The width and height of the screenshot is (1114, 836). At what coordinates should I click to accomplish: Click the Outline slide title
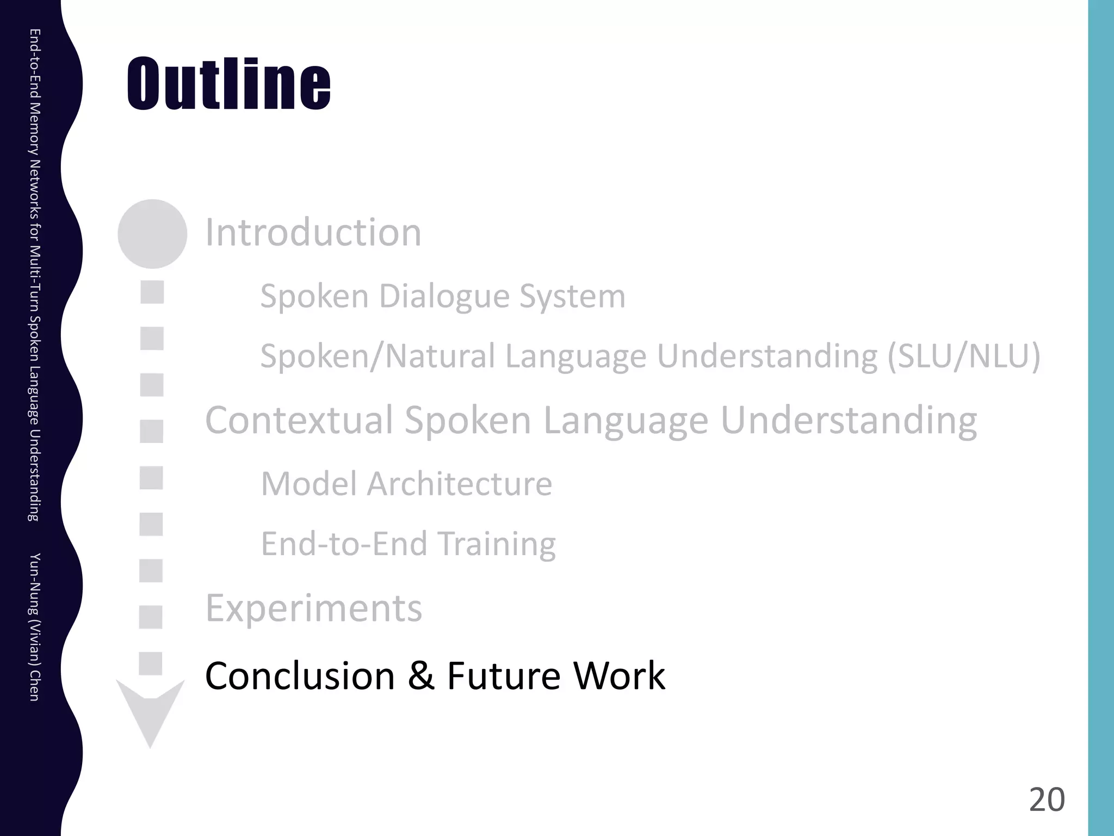pyautogui.click(x=228, y=84)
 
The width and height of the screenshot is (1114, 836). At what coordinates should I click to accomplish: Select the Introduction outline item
pyautogui.click(x=313, y=232)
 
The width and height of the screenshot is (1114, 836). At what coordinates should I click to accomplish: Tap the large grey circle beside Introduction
pyautogui.click(x=152, y=234)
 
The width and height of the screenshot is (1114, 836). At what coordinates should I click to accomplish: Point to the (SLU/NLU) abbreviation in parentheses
pyautogui.click(x=964, y=356)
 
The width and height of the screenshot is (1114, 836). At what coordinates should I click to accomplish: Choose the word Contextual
pyautogui.click(x=299, y=420)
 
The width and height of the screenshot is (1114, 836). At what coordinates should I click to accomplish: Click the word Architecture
pyautogui.click(x=459, y=484)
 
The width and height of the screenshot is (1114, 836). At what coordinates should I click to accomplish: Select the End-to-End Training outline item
pyautogui.click(x=408, y=544)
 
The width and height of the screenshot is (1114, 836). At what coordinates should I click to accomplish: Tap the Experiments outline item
pyautogui.click(x=313, y=608)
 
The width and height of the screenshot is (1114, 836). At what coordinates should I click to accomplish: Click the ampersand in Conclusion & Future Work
pyautogui.click(x=420, y=676)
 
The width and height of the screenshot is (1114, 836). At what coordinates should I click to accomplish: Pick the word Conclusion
pyautogui.click(x=300, y=676)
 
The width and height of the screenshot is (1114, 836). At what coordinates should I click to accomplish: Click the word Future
pyautogui.click(x=503, y=676)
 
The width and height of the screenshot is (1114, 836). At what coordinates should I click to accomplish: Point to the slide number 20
pyautogui.click(x=1047, y=800)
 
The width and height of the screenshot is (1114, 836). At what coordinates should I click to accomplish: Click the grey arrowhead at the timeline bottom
pyautogui.click(x=151, y=713)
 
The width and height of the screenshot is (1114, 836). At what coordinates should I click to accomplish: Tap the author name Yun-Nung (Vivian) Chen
pyautogui.click(x=34, y=626)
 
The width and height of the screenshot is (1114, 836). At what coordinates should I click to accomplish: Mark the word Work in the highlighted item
pyautogui.click(x=620, y=676)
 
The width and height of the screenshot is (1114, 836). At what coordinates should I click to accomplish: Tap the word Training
pyautogui.click(x=496, y=544)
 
